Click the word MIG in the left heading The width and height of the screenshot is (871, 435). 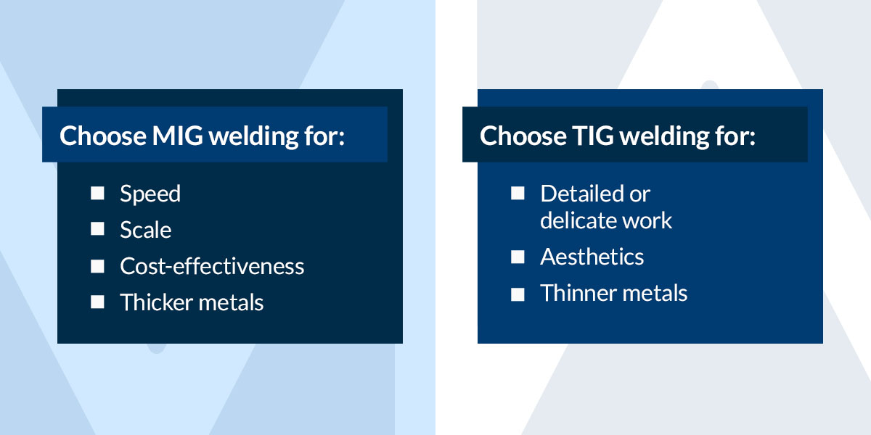click(177, 136)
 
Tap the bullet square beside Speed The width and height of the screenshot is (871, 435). click(97, 193)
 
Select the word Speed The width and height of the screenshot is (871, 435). click(150, 194)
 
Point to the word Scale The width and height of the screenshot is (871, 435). click(145, 230)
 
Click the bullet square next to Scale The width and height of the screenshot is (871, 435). click(97, 229)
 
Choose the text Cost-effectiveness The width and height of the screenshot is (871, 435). click(212, 266)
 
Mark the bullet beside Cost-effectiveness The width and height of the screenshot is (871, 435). click(97, 266)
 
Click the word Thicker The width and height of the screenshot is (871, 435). click(156, 302)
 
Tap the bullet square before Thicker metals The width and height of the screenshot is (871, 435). click(97, 302)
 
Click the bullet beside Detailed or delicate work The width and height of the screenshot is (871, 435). click(518, 193)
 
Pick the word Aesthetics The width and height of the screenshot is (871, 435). click(592, 257)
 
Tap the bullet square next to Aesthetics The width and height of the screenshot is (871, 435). click(518, 257)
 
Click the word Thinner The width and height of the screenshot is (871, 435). click(578, 293)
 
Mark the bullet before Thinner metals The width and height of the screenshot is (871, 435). click(518, 294)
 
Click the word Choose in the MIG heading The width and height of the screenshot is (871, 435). click(102, 136)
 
